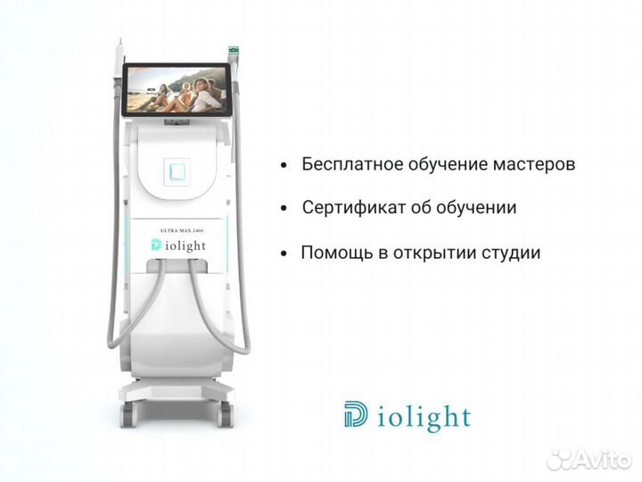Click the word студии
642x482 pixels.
(x=511, y=253)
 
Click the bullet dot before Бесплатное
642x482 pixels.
(x=284, y=167)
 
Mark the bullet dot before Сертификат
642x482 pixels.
(x=284, y=210)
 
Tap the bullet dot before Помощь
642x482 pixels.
(x=284, y=254)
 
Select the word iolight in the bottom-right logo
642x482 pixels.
(x=421, y=417)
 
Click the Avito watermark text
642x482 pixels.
(x=606, y=459)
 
